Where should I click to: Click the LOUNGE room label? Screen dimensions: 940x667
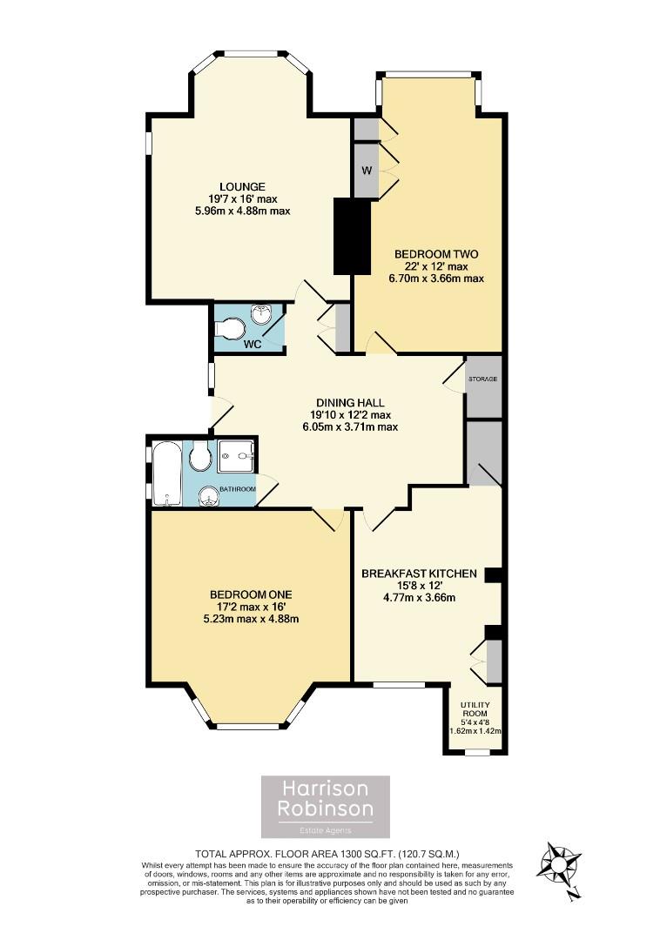coord(242,186)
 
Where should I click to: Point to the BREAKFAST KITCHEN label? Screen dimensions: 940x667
coord(419,574)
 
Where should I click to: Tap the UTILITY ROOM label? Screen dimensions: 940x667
coord(475,708)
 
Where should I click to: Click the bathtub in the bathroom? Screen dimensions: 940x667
coord(165,473)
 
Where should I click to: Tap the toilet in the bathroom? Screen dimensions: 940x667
coord(199,455)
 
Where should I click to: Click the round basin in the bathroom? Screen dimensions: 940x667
coord(207,496)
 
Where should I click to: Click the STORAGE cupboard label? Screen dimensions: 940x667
coord(482,380)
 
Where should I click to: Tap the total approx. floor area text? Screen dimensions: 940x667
coord(327,855)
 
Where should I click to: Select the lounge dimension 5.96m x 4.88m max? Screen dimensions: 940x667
coord(242,211)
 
